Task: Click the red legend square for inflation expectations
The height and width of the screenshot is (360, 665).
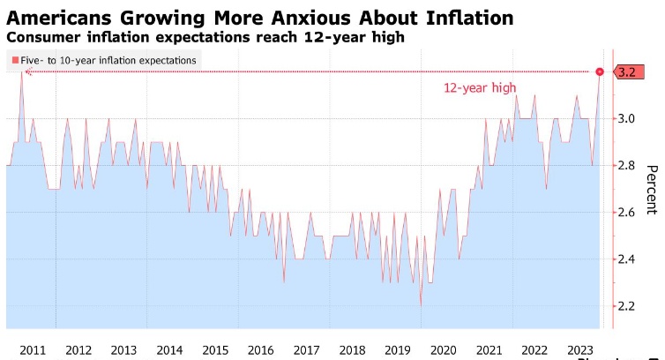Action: tap(14, 59)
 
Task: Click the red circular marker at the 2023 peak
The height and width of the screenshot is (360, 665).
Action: tap(601, 71)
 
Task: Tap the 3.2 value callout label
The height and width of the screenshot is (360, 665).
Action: tap(628, 71)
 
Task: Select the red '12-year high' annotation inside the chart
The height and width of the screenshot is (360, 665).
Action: tap(479, 88)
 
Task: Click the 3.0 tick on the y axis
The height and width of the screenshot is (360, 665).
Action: tap(627, 118)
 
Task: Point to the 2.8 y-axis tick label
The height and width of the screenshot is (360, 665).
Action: tap(627, 165)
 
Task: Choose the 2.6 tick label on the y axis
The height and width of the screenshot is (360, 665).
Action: tap(627, 212)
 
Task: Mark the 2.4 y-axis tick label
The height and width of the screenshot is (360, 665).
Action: tap(627, 259)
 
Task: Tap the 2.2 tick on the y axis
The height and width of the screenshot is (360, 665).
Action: tap(627, 305)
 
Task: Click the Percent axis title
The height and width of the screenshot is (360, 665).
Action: tap(652, 189)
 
